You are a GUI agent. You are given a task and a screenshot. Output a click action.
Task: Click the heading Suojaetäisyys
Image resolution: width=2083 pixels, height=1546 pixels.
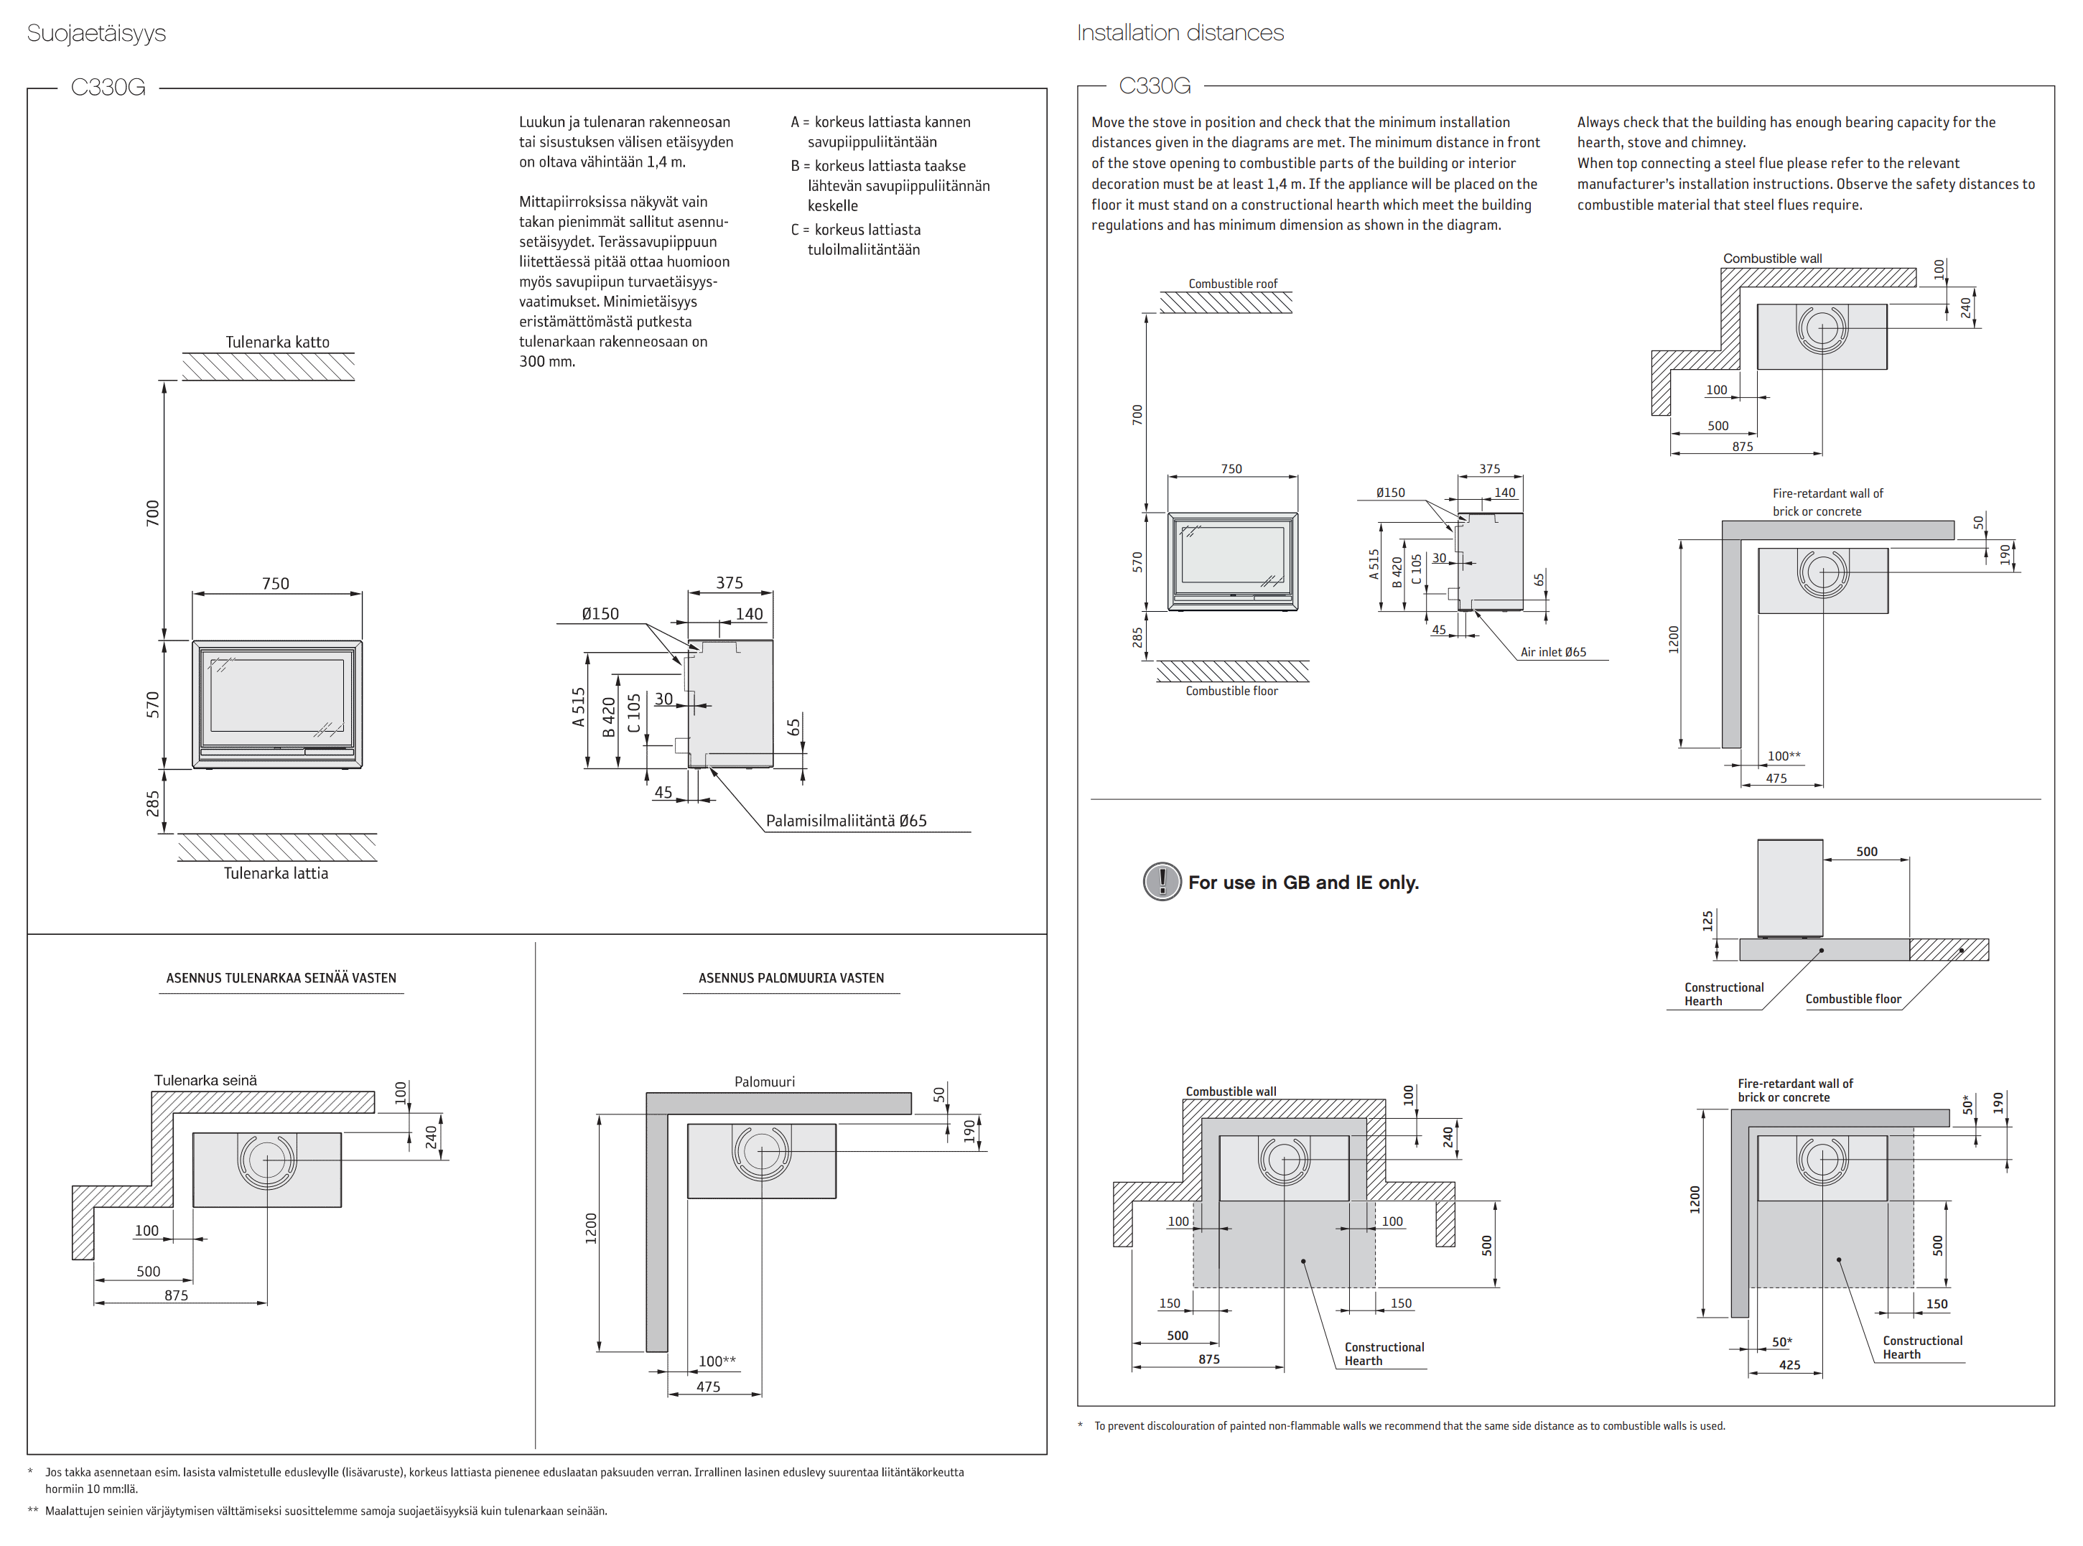tap(96, 34)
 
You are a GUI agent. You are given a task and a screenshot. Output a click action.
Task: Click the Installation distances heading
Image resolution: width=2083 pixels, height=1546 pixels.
tap(1179, 33)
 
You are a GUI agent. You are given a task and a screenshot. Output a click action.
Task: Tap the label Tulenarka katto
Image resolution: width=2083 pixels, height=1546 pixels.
tap(277, 343)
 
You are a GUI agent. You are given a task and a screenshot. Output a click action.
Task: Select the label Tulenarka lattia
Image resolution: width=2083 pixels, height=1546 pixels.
tap(276, 873)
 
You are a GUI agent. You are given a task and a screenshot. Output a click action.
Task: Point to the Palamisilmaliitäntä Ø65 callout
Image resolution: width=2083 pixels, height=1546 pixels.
tap(846, 821)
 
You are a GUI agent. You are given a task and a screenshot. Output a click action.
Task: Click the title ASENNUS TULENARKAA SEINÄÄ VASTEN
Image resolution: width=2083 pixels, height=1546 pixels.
tap(281, 978)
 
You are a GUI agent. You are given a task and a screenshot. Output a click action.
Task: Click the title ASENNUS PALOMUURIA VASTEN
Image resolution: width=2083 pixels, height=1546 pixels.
tap(791, 978)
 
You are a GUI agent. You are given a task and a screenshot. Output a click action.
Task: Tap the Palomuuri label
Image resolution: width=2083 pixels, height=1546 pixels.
tap(765, 1082)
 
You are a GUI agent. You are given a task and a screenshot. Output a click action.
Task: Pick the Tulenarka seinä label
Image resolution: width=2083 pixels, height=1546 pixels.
tap(205, 1080)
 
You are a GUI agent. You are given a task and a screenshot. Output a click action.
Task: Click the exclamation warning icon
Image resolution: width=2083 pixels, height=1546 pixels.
tap(1162, 882)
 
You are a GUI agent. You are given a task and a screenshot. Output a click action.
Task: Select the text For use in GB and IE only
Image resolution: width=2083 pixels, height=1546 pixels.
tap(1303, 883)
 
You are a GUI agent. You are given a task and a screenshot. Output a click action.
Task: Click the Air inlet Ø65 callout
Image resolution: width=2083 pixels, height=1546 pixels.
tap(1552, 652)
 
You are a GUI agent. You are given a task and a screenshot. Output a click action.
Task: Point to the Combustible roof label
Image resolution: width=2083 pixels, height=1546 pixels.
tap(1232, 284)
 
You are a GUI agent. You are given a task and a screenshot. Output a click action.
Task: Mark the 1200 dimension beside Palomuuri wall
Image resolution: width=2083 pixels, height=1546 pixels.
tap(590, 1228)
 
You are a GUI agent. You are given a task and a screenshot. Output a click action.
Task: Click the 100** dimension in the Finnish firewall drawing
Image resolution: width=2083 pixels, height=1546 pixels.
tap(717, 1361)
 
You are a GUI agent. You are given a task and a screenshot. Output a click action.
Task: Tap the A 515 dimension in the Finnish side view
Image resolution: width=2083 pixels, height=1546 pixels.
tap(578, 707)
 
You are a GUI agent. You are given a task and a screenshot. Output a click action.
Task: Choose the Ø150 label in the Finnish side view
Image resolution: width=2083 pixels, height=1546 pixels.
tap(600, 614)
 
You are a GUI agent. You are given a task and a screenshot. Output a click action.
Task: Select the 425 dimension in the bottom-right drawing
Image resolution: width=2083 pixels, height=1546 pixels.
tap(1789, 1364)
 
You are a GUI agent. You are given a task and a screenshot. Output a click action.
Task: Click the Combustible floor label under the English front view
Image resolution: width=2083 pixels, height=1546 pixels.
tap(1231, 691)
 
